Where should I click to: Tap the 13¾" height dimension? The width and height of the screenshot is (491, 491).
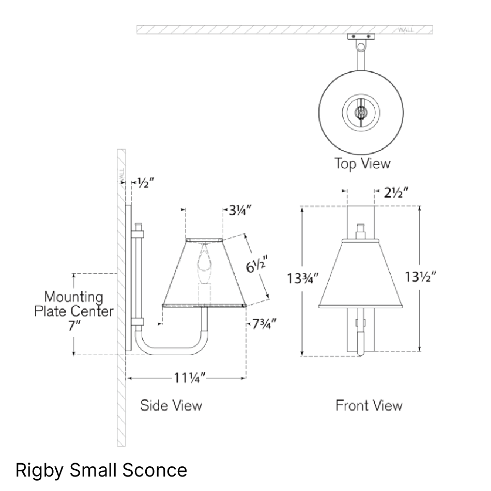point(303,278)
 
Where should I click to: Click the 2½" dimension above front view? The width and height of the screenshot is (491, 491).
point(396,193)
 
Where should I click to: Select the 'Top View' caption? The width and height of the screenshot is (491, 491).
point(362,164)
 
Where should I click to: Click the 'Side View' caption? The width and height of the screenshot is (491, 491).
point(171,405)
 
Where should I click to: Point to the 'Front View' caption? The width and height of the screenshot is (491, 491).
point(369,405)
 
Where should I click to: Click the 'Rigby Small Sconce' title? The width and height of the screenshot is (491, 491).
point(101,470)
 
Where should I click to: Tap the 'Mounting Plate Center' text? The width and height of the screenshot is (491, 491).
point(73,304)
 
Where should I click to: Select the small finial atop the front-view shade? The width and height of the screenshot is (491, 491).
point(360,230)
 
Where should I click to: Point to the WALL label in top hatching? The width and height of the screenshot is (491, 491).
point(406,30)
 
